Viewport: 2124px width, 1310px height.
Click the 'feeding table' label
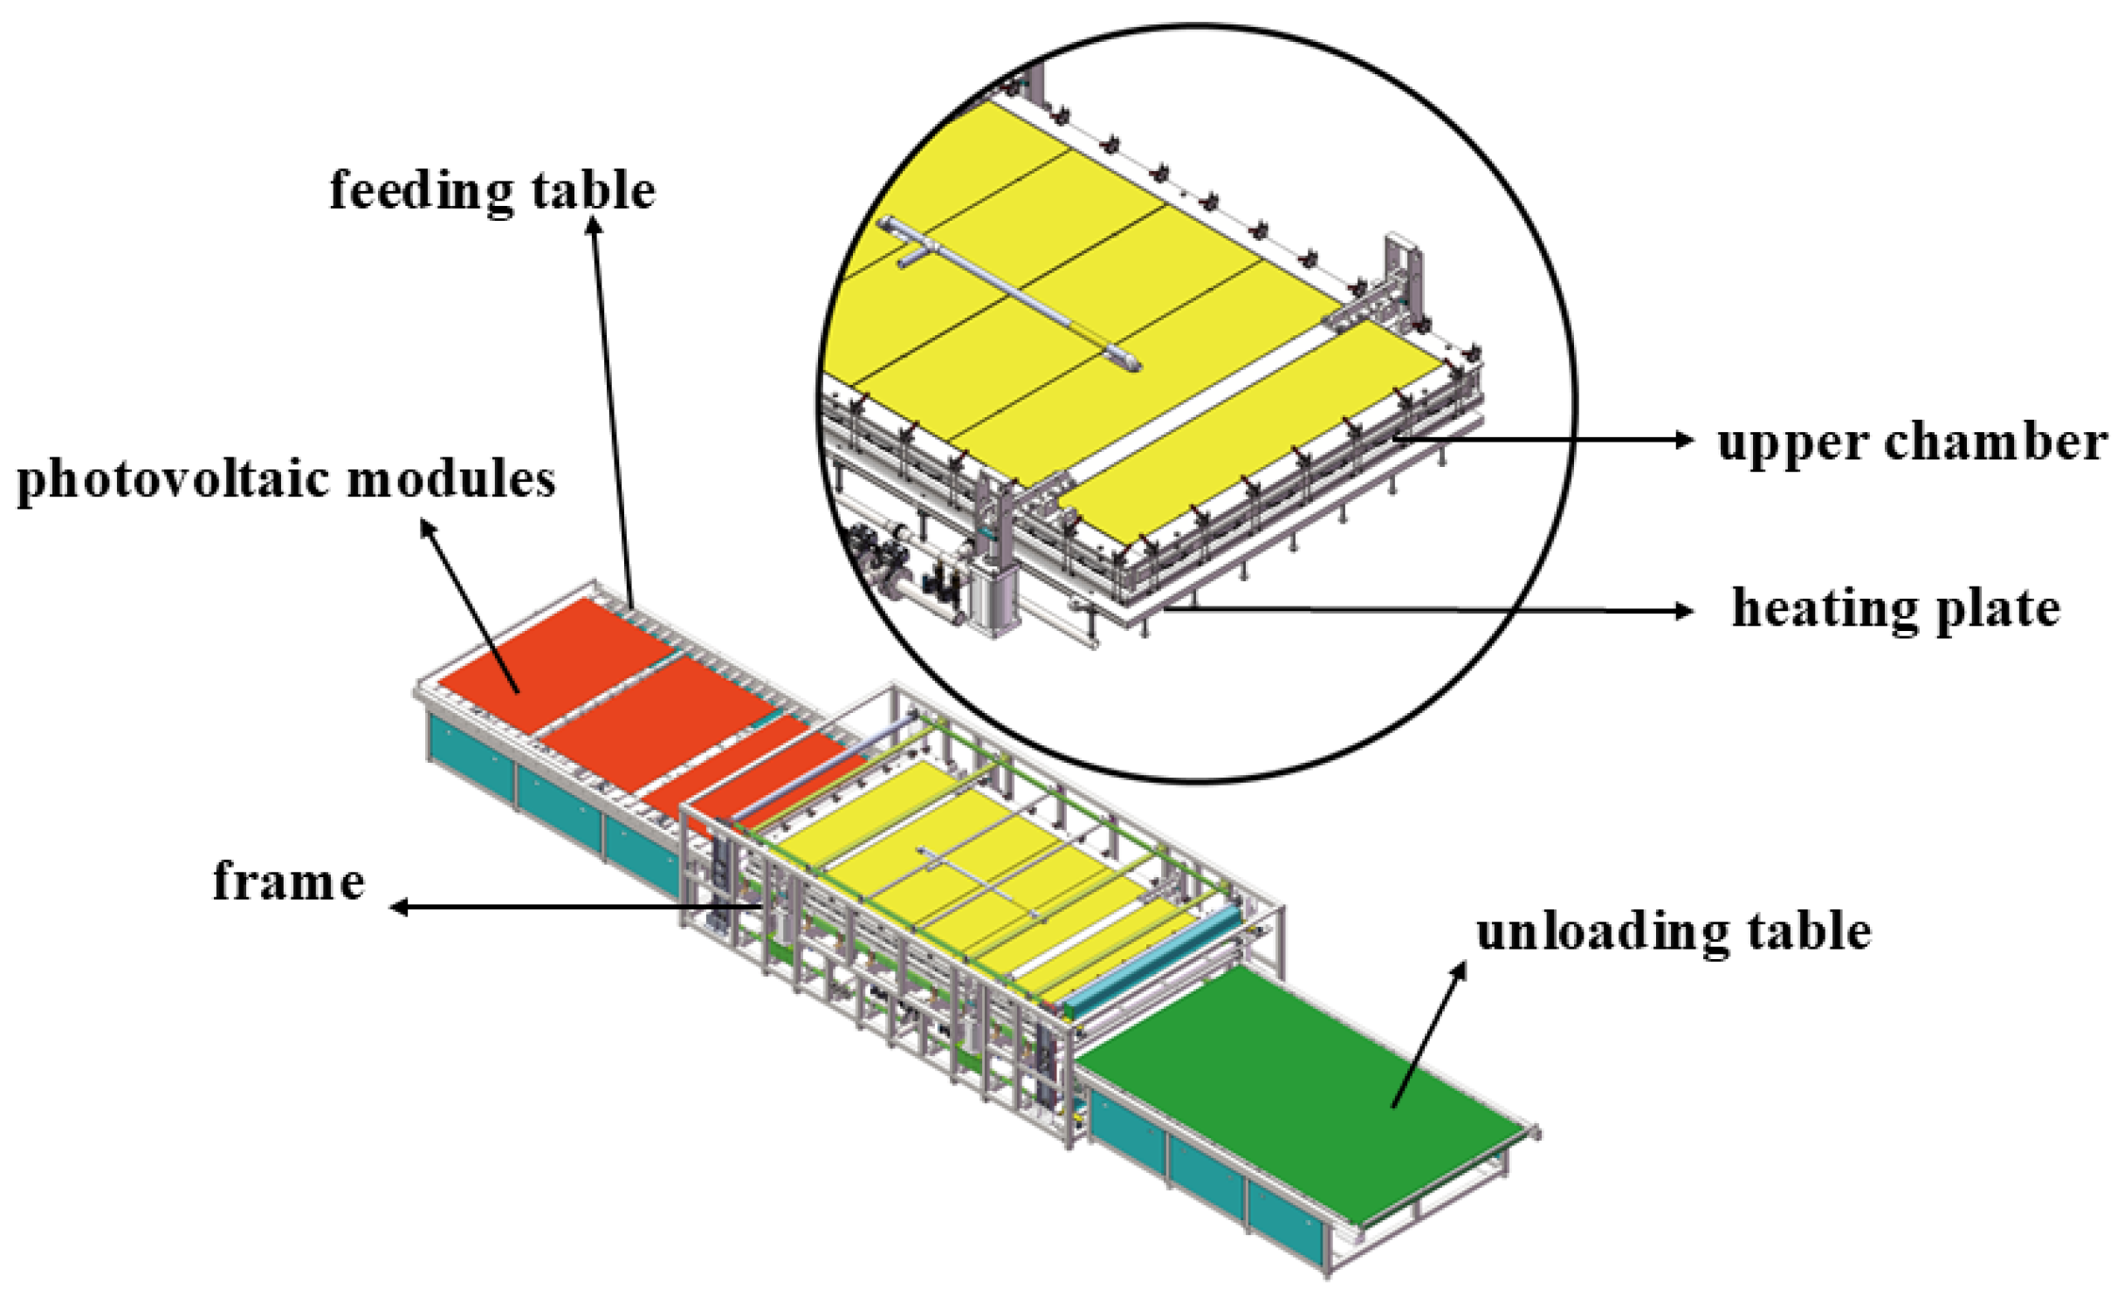point(491,190)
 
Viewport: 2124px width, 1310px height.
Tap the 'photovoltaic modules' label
point(285,479)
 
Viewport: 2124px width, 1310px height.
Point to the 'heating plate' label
point(1895,609)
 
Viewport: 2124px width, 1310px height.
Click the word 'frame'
point(289,881)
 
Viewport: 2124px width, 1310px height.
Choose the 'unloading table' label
point(1673,932)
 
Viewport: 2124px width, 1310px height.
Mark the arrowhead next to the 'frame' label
point(398,908)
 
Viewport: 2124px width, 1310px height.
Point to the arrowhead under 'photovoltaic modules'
point(427,526)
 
